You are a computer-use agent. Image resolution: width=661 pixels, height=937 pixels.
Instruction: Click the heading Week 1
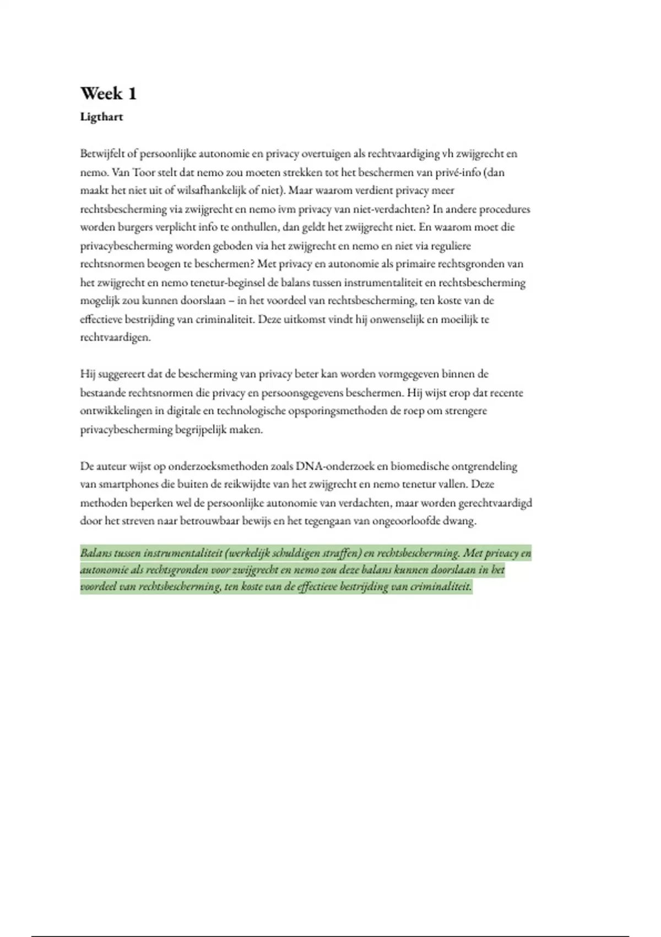click(x=108, y=94)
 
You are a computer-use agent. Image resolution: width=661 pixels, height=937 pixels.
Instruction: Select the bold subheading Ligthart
click(x=101, y=117)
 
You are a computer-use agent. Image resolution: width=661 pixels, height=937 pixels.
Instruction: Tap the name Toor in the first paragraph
click(x=144, y=173)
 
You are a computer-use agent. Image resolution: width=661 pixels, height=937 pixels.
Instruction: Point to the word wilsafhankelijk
click(x=209, y=191)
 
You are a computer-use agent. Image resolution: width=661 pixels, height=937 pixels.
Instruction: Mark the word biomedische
click(x=419, y=466)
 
